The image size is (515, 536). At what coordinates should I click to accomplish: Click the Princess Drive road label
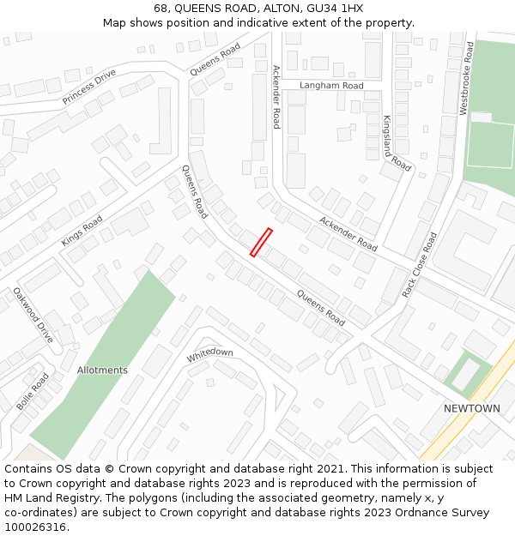(88, 87)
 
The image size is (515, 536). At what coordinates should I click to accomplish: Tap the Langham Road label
(331, 86)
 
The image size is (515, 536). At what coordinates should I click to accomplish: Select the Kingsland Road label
(397, 142)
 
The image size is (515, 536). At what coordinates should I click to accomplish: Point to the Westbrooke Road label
(465, 80)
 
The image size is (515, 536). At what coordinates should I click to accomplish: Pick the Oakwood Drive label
(33, 315)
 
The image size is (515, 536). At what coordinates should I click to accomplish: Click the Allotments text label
(102, 370)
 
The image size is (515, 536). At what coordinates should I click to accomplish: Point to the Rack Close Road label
(420, 265)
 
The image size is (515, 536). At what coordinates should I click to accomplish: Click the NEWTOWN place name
(471, 408)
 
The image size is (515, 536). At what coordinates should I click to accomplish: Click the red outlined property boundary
(261, 242)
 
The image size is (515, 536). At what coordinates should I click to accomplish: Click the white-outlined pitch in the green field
(490, 144)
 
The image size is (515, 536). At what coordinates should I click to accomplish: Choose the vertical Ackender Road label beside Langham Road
(276, 96)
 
